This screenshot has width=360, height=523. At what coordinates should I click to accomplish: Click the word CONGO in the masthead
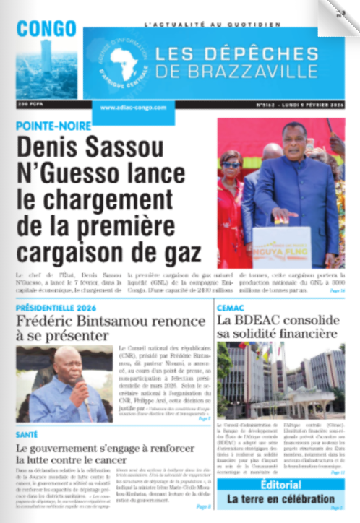click(x=46, y=28)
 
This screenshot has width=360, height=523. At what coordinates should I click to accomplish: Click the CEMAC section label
click(x=231, y=307)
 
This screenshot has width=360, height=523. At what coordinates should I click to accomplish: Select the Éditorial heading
click(x=281, y=485)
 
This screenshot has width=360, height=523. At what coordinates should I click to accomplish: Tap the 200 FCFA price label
click(x=30, y=105)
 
